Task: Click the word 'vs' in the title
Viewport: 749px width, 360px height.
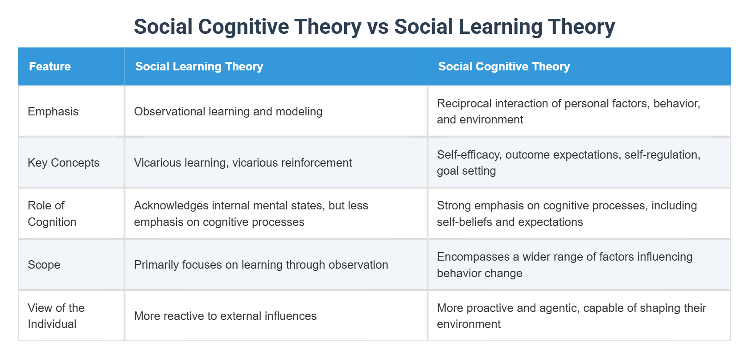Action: (377, 27)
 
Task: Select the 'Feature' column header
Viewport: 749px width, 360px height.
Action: (50, 66)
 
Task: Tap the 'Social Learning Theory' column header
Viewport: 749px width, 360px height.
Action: (199, 66)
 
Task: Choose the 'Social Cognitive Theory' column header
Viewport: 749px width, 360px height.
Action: (504, 66)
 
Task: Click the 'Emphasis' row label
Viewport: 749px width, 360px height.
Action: (53, 111)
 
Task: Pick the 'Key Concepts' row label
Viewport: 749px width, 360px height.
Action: (63, 163)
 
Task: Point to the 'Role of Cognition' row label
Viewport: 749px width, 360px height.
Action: (52, 213)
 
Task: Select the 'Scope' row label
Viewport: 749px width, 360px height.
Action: (44, 265)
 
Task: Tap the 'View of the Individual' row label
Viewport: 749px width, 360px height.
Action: (56, 316)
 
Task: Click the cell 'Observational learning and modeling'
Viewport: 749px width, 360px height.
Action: (228, 111)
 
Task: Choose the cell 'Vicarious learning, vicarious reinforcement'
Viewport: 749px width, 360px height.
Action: (243, 163)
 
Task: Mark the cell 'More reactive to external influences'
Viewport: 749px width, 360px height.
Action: (225, 316)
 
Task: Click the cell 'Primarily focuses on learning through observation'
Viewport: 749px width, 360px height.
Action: (261, 265)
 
